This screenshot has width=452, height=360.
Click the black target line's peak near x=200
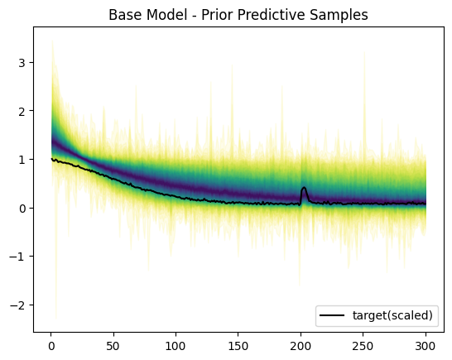pos(304,189)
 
